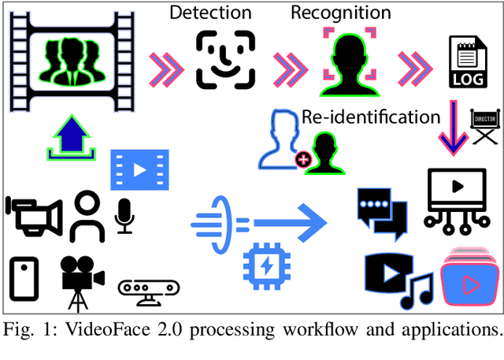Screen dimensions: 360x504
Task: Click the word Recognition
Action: (340, 13)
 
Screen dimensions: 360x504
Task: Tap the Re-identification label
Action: (371, 117)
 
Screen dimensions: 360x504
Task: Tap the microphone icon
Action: (124, 215)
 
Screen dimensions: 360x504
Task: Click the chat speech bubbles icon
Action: (382, 209)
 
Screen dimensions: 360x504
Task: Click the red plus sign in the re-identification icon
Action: (301, 161)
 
